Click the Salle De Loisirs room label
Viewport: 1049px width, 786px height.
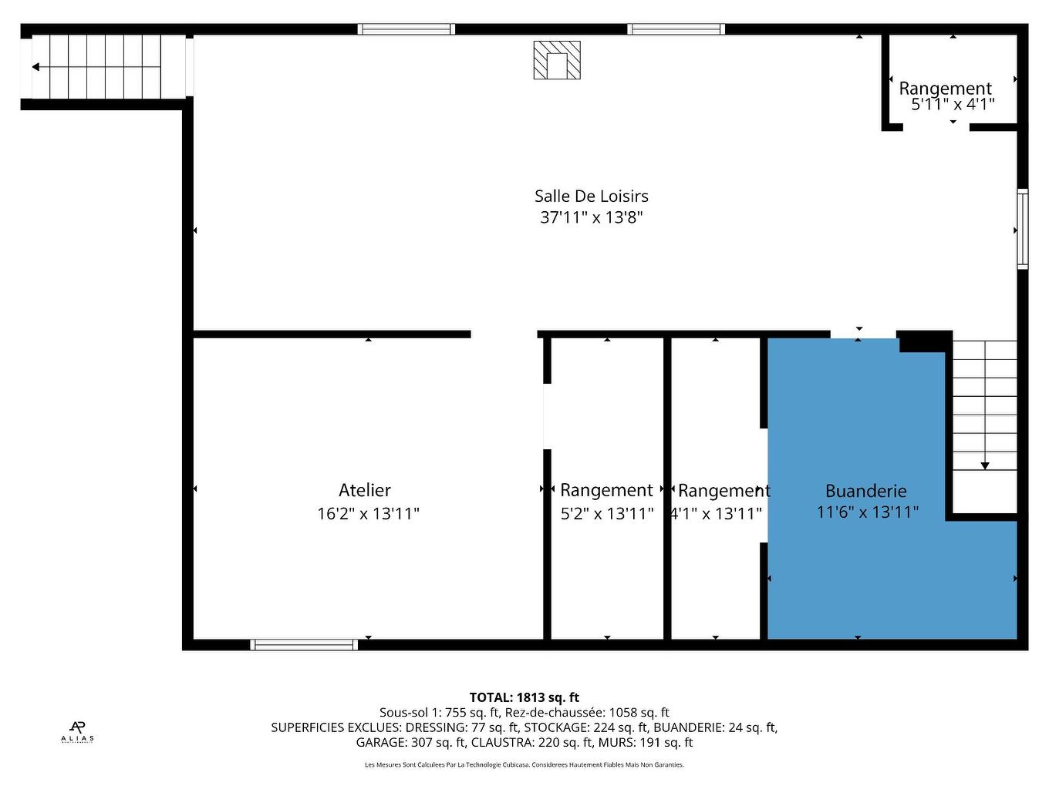click(x=591, y=196)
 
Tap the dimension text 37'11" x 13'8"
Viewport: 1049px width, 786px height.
click(x=591, y=218)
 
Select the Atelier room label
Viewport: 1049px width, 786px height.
click(x=365, y=490)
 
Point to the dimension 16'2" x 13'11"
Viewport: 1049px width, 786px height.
click(x=368, y=513)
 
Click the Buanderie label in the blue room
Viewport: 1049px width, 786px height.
click(x=865, y=491)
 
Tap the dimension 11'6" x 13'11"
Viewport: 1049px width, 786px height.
click(x=867, y=512)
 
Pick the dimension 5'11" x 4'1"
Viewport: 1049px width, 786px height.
click(x=953, y=105)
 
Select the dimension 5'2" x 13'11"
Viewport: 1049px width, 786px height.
click(x=607, y=513)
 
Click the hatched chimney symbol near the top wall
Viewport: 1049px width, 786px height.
click(x=557, y=60)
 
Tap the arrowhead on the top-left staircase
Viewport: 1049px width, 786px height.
click(x=35, y=67)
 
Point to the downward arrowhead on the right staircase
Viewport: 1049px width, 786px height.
click(x=985, y=465)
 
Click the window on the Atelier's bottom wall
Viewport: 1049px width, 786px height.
click(x=304, y=645)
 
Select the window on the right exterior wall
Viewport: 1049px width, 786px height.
click(x=1022, y=229)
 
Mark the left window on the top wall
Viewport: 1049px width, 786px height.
click(x=406, y=29)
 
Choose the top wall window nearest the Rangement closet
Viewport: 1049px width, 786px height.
click(x=676, y=29)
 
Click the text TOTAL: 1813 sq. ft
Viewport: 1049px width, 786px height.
click(x=524, y=697)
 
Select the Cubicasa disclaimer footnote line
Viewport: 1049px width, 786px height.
click(x=524, y=765)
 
